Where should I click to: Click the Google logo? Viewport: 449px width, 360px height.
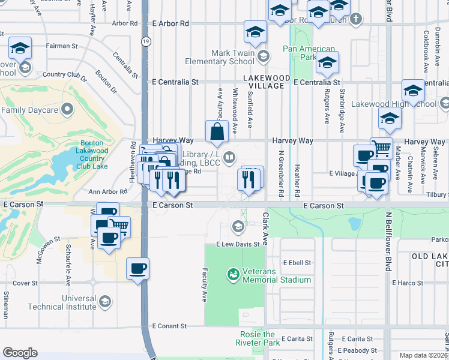(x=20, y=353)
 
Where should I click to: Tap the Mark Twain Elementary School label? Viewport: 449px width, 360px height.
(x=224, y=57)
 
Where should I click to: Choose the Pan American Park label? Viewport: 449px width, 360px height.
(x=309, y=53)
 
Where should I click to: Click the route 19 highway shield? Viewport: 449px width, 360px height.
(x=146, y=41)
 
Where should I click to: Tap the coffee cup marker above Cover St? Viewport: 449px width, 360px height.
(x=137, y=268)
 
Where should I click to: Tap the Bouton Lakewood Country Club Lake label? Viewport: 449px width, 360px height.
(x=92, y=154)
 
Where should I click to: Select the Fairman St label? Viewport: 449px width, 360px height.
(x=58, y=46)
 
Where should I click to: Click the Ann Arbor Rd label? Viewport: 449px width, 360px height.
(x=108, y=192)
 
